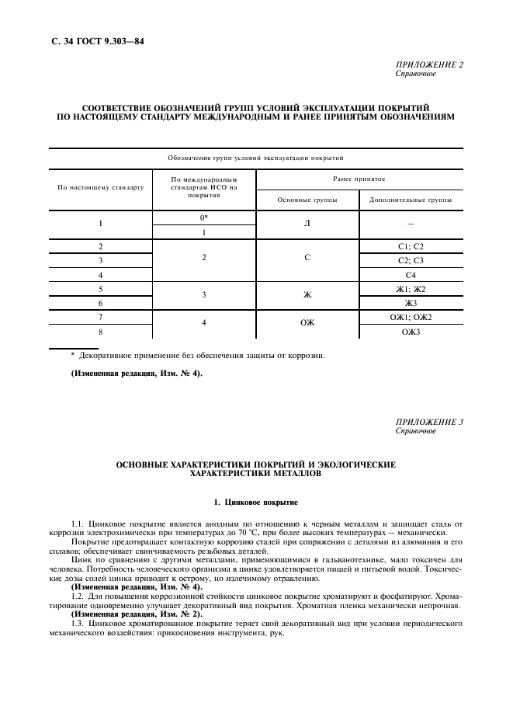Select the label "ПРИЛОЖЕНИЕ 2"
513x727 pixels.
(x=429, y=64)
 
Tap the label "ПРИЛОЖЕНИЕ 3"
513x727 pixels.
(x=429, y=422)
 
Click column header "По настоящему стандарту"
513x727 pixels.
(x=101, y=187)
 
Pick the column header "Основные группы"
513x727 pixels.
(x=307, y=200)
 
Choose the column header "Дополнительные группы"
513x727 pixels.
(x=411, y=200)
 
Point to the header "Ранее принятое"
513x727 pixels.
(x=359, y=178)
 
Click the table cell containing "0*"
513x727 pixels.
(x=204, y=217)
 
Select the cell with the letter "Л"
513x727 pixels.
(x=307, y=224)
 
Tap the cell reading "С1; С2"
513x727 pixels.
(x=411, y=246)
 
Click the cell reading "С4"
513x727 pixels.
(x=411, y=275)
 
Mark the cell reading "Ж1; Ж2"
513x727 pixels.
(x=411, y=289)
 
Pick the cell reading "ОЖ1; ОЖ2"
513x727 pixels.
(x=411, y=317)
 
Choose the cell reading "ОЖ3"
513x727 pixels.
(x=411, y=332)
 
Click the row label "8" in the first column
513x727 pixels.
(x=101, y=332)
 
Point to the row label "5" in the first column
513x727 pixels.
(x=101, y=289)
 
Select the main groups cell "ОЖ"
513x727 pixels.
(x=307, y=324)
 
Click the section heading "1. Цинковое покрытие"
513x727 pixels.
(x=255, y=503)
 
